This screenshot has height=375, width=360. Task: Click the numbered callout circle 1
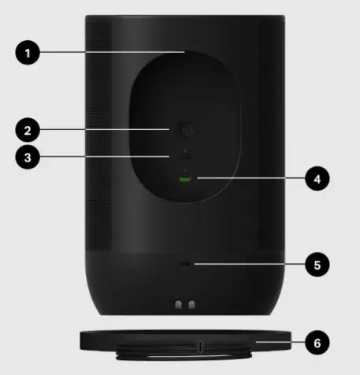[x=28, y=53]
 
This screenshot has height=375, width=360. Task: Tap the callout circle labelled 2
[x=28, y=130]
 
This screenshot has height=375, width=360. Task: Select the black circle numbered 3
[x=28, y=158]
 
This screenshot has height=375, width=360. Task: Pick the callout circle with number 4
[x=317, y=179]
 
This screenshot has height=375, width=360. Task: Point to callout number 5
[x=317, y=265]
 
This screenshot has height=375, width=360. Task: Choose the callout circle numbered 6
[x=317, y=343]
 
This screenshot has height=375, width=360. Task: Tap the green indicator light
[x=185, y=180]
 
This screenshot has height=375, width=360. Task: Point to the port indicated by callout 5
[x=186, y=264]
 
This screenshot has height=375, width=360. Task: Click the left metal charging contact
[x=179, y=305]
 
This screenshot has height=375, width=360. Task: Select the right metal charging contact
[x=192, y=305]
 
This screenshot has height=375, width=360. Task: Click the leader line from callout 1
[x=113, y=52]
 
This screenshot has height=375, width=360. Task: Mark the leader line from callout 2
[x=105, y=129]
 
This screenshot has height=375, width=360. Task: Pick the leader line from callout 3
[x=105, y=157]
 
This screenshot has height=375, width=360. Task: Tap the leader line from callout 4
[x=251, y=178]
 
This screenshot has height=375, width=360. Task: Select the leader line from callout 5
[x=250, y=264]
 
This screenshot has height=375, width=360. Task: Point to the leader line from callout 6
[x=280, y=342]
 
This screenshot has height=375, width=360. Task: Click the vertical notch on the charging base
[x=200, y=347]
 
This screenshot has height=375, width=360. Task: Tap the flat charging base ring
[x=185, y=340]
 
